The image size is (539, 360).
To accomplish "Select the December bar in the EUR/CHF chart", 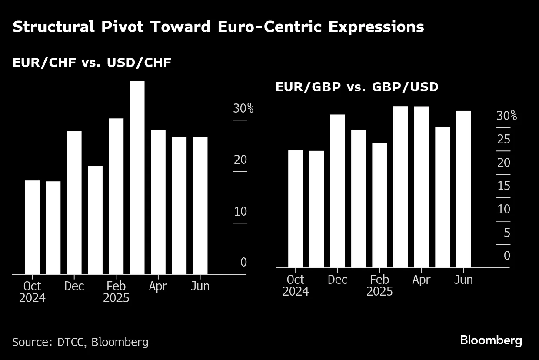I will click(x=74, y=202).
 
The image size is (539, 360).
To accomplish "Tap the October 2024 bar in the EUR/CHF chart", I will click(x=32, y=227).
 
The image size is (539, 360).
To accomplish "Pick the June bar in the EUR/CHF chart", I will click(x=200, y=205).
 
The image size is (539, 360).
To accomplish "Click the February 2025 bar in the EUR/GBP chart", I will click(x=379, y=205).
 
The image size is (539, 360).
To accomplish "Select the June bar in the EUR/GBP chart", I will click(x=463, y=189).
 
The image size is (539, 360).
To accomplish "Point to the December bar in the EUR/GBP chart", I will click(x=337, y=191).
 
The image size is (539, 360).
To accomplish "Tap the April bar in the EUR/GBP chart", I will click(x=421, y=187).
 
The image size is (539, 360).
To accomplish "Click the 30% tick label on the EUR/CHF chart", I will click(x=243, y=109).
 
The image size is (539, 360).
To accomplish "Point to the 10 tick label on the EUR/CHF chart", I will click(x=240, y=212).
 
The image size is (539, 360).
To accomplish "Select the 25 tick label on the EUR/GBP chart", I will click(x=503, y=140).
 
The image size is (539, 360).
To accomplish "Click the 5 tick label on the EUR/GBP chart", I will click(x=506, y=233).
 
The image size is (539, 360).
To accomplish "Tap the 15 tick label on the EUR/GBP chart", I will click(x=503, y=186).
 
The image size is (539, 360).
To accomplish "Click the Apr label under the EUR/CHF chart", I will click(x=158, y=286).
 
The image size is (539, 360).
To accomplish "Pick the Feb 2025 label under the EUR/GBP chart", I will click(x=379, y=285).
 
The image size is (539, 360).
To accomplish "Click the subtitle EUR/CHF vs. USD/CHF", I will click(x=92, y=63).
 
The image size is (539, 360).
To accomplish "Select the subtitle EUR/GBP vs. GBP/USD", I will click(x=357, y=87).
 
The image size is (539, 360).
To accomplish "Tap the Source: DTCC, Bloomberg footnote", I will click(x=80, y=342).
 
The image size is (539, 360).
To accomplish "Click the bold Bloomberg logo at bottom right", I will click(x=491, y=340).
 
